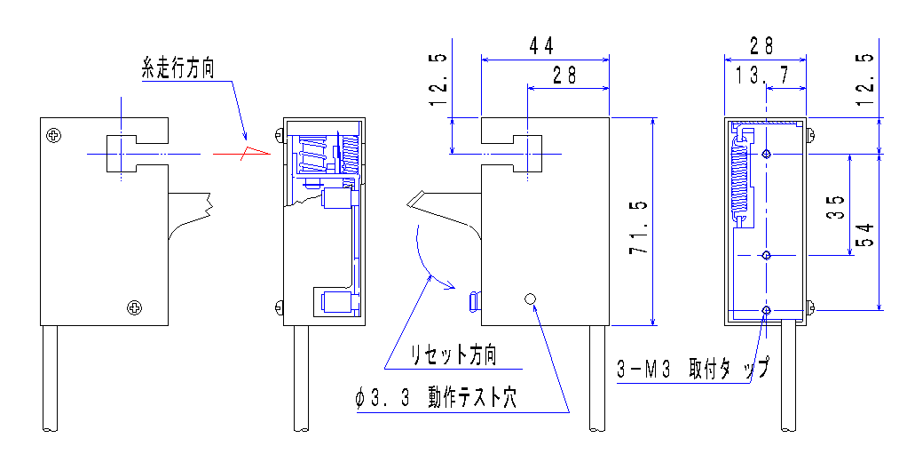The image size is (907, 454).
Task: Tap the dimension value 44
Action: pos(544,45)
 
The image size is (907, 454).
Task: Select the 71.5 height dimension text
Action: pos(636,227)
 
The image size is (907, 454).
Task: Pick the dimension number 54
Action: pos(864,235)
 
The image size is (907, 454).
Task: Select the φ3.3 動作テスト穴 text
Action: pos(435,399)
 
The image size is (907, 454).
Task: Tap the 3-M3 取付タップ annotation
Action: pos(692,369)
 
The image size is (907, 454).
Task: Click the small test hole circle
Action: pos(531,299)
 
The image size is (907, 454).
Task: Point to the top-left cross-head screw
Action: pos(55,135)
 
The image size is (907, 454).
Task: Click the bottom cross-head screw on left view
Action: pos(134,307)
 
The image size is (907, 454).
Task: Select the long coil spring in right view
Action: pos(739,182)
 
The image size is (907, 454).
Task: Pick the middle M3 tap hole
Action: pos(767,256)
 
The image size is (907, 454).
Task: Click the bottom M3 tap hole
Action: pos(767,310)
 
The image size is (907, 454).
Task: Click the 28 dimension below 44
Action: pos(564,76)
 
